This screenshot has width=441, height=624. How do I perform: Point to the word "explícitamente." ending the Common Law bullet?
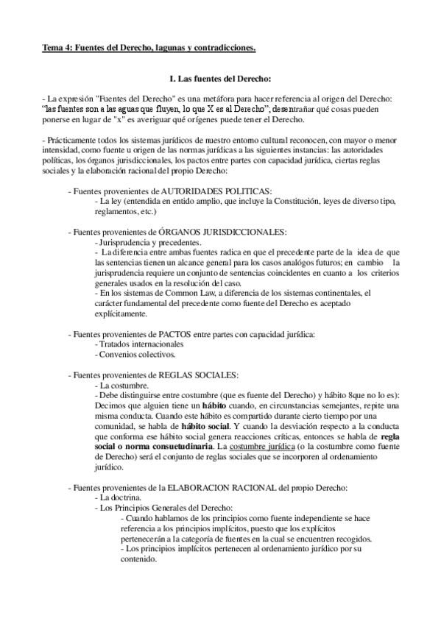(125, 313)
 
